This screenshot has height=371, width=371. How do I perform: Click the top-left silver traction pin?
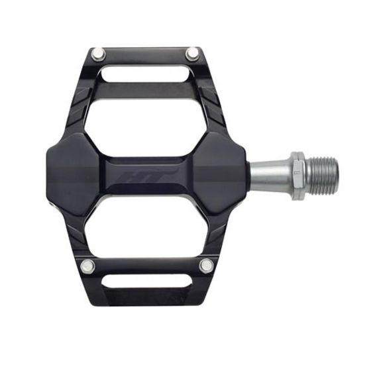pos(98,54)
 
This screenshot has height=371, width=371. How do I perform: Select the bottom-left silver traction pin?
pos(87,266)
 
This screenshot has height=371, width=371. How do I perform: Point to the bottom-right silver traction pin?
pos(206,266)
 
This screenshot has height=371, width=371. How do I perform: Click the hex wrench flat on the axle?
pos(297,176)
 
